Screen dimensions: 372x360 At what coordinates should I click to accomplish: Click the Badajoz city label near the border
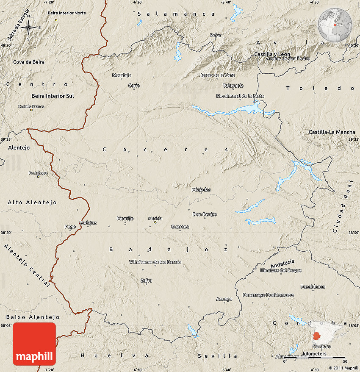(x=88, y=223)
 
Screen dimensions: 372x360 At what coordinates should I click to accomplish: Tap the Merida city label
(x=155, y=219)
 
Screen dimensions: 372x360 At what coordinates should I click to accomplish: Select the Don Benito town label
(x=205, y=214)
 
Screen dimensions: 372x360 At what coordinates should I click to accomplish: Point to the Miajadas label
(x=201, y=190)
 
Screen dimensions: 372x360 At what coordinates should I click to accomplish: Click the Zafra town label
(x=146, y=280)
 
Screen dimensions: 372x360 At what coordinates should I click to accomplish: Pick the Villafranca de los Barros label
(x=155, y=262)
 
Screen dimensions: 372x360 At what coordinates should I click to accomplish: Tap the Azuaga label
(x=224, y=299)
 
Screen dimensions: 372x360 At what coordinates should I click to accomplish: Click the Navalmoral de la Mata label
(x=240, y=96)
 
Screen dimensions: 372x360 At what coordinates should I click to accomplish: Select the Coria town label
(x=134, y=86)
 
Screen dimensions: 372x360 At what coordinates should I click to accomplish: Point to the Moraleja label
(x=121, y=75)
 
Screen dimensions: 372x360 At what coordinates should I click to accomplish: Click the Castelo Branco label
(x=31, y=106)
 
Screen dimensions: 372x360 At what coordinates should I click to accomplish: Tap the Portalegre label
(x=38, y=173)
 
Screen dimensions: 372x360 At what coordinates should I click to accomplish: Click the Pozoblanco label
(x=313, y=287)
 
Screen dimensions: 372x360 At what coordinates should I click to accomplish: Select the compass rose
(x=28, y=28)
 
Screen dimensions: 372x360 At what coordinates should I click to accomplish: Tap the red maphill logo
(x=34, y=344)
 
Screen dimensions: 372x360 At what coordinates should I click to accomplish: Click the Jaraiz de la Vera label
(x=217, y=75)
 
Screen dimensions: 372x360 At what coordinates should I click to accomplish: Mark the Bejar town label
(x=216, y=35)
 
